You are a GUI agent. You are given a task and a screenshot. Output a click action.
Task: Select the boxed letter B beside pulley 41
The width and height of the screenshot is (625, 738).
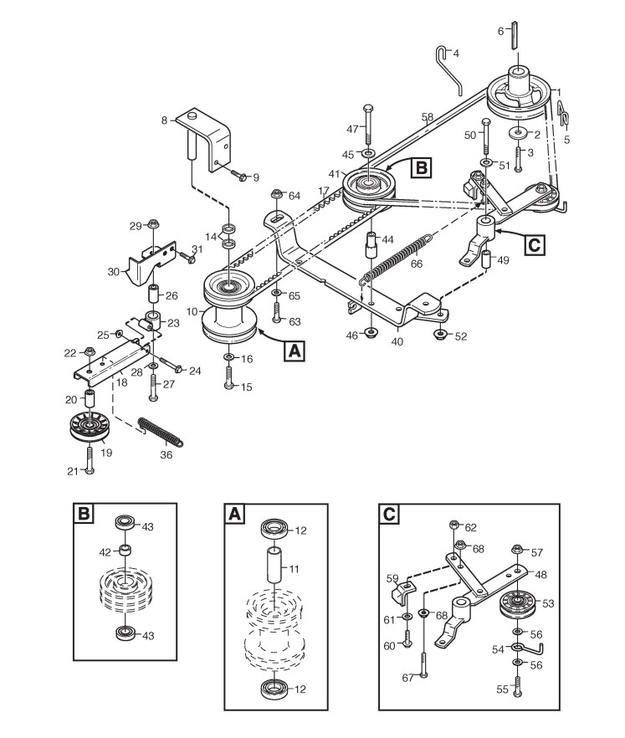[x=422, y=167]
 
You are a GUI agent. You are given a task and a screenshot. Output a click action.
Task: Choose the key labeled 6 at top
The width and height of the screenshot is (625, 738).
[x=515, y=33]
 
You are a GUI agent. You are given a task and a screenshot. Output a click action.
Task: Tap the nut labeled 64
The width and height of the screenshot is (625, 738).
[x=275, y=197]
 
